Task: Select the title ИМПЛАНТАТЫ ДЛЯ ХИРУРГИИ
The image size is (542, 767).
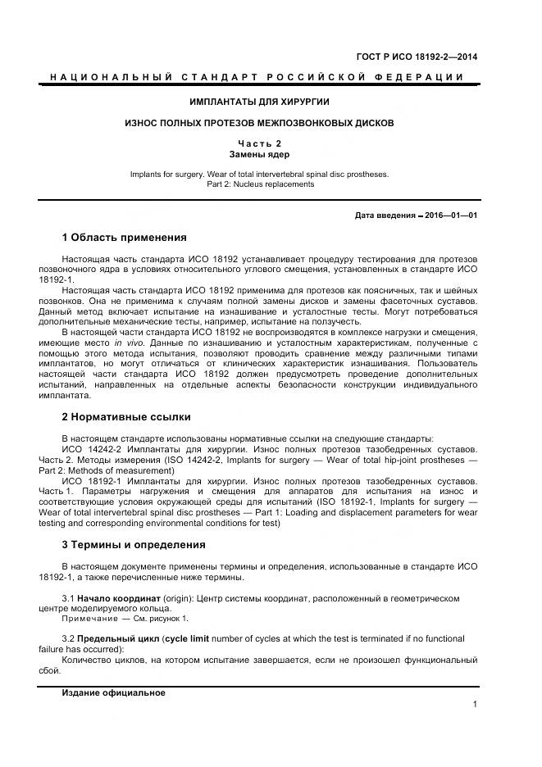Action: click(259, 102)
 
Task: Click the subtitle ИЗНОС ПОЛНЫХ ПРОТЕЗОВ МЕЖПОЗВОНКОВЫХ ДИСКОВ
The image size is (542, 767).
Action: click(259, 123)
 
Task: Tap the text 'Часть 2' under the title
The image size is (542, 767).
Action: click(259, 143)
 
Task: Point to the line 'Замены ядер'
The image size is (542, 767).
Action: click(259, 154)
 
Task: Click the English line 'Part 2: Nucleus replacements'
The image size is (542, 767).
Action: click(259, 184)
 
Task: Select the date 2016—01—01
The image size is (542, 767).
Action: click(450, 216)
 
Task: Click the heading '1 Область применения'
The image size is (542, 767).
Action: click(125, 238)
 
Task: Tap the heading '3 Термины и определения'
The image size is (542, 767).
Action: click(134, 544)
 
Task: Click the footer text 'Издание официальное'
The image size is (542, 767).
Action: click(113, 692)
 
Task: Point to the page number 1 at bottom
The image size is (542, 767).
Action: click(475, 704)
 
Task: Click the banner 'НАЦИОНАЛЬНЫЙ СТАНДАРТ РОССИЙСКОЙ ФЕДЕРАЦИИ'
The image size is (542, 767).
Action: click(257, 77)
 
